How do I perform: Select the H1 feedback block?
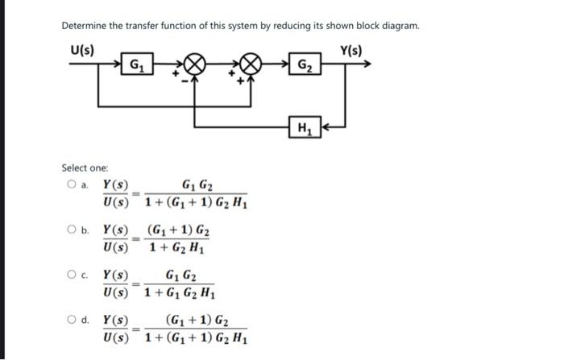(305, 126)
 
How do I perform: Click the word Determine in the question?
(85, 26)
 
